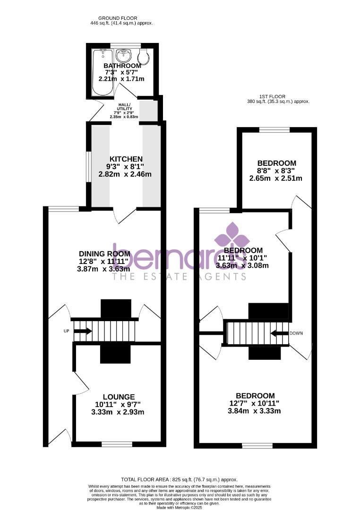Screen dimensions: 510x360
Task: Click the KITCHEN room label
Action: [x=126, y=159]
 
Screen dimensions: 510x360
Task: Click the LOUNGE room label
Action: [x=119, y=397]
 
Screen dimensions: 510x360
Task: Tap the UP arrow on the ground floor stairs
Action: [x=83, y=331]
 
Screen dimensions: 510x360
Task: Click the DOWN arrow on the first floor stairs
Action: [x=280, y=333]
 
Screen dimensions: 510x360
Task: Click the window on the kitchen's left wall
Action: [x=88, y=166]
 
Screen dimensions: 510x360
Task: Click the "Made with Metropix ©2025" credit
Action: [x=180, y=507]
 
